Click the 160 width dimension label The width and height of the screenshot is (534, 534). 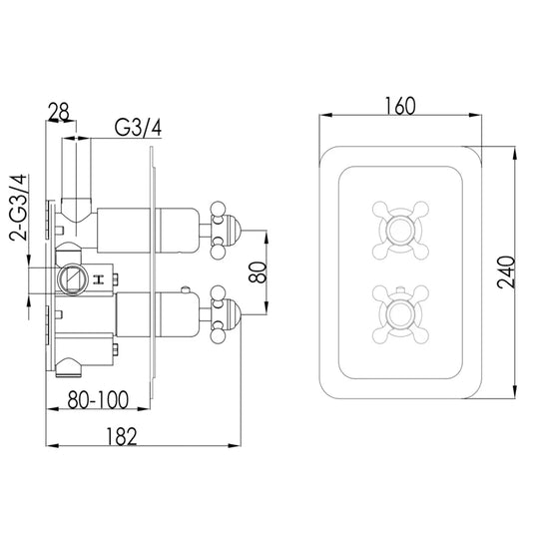tap(400, 106)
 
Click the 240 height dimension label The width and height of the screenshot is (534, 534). tap(506, 272)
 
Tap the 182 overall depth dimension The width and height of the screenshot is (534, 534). tap(122, 436)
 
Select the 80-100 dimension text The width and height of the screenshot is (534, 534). tap(98, 399)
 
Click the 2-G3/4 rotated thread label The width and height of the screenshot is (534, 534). tap(18, 208)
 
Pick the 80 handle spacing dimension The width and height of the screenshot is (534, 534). tap(258, 272)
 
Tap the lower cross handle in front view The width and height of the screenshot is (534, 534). tap(400, 314)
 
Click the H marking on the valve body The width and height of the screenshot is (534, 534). tap(98, 279)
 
